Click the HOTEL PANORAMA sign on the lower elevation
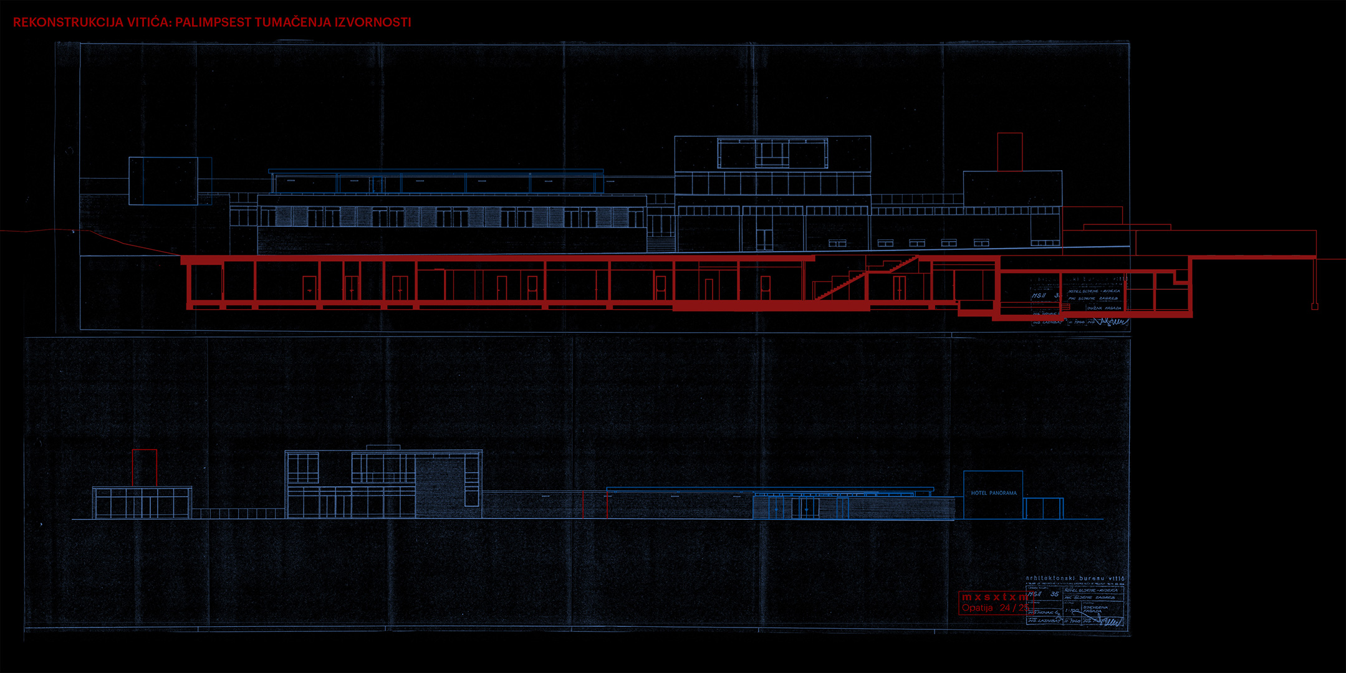pos(993,493)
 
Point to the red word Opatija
pos(977,608)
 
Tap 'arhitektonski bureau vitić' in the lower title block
pos(1075,578)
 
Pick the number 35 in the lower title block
pos(1054,594)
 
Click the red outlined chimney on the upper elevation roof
pos(1009,151)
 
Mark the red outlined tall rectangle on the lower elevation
pos(144,467)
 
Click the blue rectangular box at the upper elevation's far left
pos(163,181)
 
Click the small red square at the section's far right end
pos(1314,306)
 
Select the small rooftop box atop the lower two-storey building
pos(383,447)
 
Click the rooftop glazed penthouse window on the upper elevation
pos(772,153)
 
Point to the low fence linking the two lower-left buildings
pos(238,513)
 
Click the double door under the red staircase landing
pos(898,287)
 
